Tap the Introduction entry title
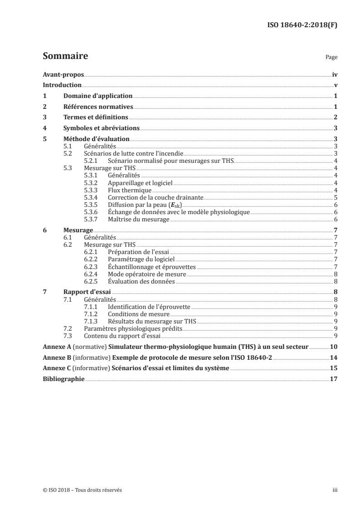[x=62, y=85]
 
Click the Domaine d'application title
[x=98, y=96]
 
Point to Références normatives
[x=98, y=107]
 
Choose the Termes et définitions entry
[x=95, y=117]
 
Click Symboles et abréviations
[x=101, y=128]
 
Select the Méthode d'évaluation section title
[x=96, y=139]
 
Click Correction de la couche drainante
[x=155, y=197]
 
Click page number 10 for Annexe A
[x=333, y=347]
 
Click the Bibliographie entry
[x=63, y=379]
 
